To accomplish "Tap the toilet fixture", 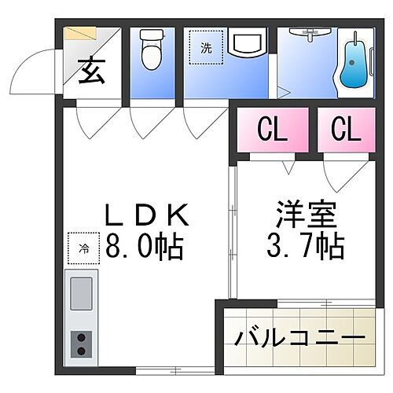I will (x=149, y=51).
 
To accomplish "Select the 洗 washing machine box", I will (x=206, y=48).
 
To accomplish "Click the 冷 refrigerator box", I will (x=83, y=249).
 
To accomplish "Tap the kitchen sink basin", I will (x=82, y=296).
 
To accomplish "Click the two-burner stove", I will (x=81, y=343).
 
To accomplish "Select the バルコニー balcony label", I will (x=299, y=340).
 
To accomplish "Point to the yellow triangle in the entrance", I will (x=79, y=35).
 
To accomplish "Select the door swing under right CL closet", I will (x=338, y=177).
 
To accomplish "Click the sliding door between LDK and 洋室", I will (x=233, y=236).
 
